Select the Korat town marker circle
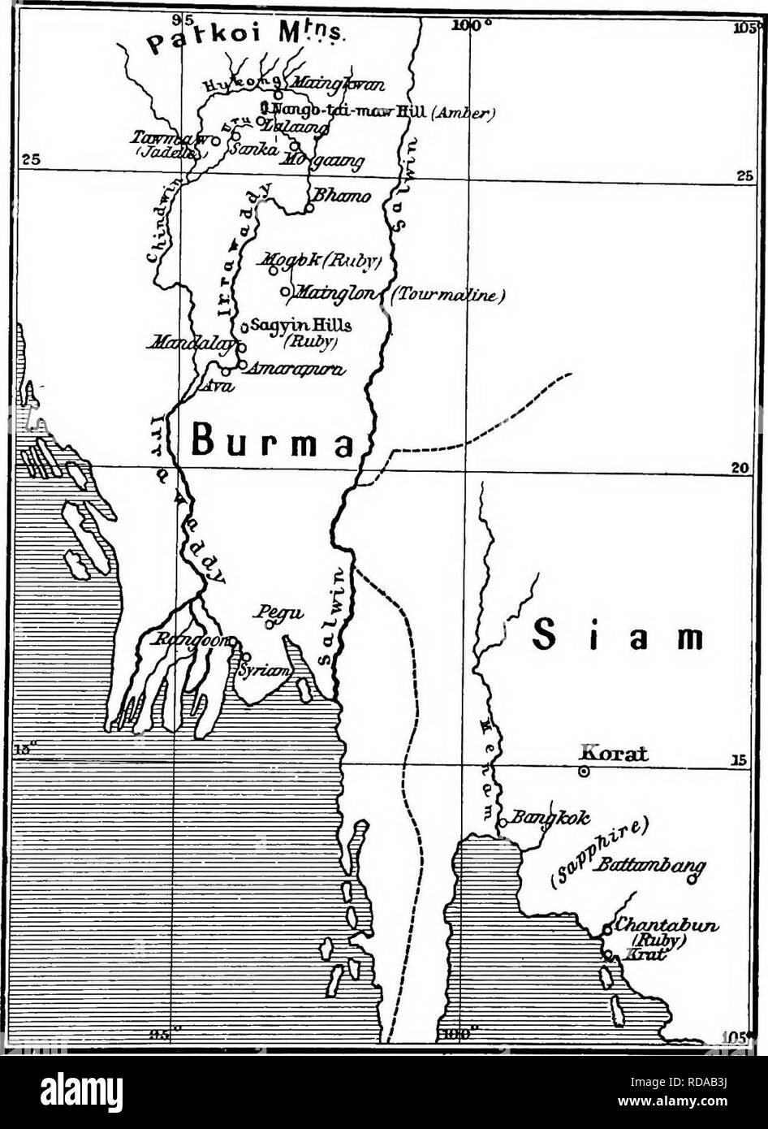(x=583, y=772)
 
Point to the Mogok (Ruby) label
(x=317, y=264)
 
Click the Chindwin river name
(x=157, y=236)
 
